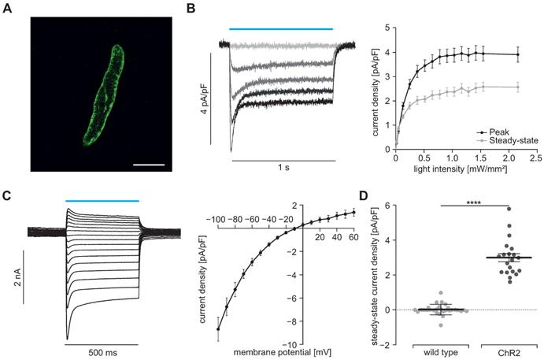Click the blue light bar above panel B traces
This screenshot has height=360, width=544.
point(281,28)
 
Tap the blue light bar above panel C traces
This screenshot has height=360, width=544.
point(102,201)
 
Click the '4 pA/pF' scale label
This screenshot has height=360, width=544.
point(203,99)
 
